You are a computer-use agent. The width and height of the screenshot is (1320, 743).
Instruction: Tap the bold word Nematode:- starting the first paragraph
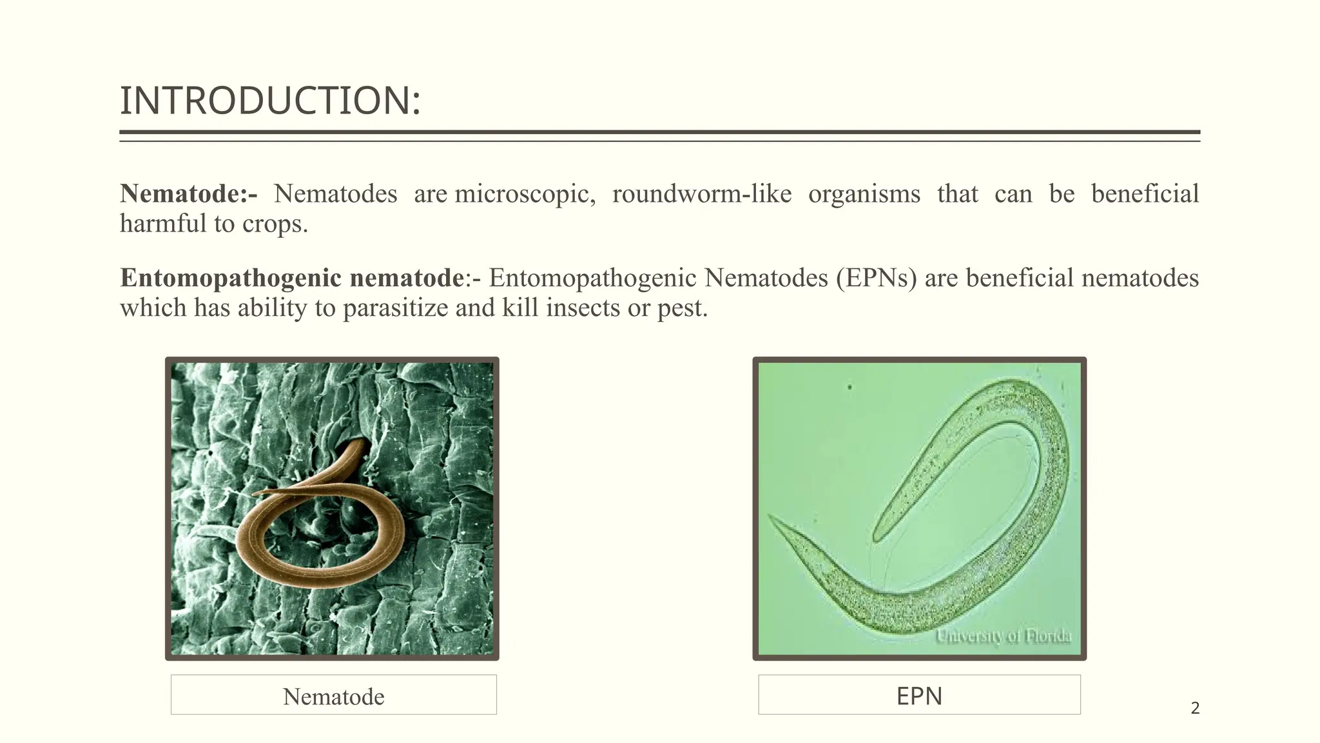coord(188,193)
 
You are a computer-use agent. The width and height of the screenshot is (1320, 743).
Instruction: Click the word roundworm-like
coord(701,194)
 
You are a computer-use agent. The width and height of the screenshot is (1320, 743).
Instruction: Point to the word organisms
coord(864,194)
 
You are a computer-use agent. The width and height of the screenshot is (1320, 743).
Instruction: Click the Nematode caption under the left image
coord(333,696)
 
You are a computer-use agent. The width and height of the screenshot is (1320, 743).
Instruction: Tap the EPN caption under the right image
coord(919,696)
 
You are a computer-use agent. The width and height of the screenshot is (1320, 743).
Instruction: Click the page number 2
coord(1195,708)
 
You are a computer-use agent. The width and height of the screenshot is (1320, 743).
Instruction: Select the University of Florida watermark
coord(1003,637)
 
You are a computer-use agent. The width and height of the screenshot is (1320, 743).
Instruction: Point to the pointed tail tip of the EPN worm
coord(772,518)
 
